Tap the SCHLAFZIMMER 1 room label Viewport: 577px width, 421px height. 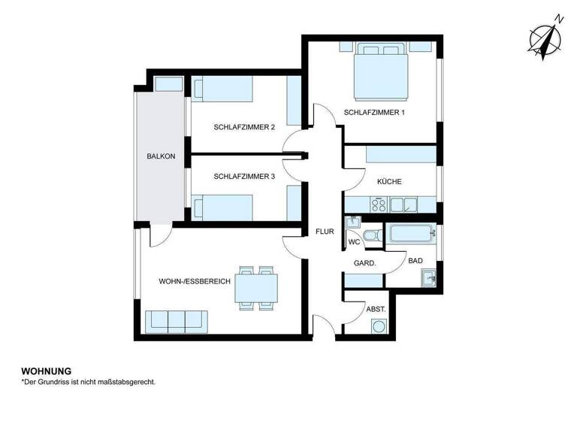point(374,113)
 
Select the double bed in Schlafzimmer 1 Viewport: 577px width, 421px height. point(382,72)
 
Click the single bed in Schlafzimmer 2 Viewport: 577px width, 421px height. point(224,90)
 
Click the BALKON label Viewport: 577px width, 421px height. point(161,156)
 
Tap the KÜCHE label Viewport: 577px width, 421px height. point(388,182)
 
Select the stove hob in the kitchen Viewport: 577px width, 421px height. point(379,203)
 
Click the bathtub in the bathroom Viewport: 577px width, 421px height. point(410,234)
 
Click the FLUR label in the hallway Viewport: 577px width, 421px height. point(324,232)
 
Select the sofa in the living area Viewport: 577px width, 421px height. point(176,320)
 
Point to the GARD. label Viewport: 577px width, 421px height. point(364,262)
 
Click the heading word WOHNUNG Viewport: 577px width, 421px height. point(47,371)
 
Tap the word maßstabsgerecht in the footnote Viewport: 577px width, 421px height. point(129,382)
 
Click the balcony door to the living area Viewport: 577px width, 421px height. point(161,233)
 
